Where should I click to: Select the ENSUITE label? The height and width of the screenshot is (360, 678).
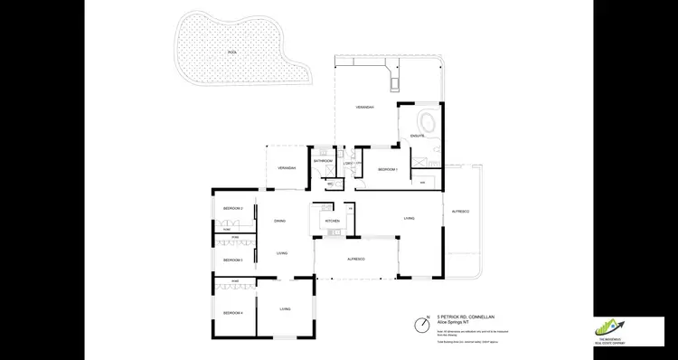(418, 136)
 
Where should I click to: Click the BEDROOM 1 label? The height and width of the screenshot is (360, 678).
(388, 169)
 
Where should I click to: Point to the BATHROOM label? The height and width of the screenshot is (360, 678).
(324, 160)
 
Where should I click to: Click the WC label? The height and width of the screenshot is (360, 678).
(330, 184)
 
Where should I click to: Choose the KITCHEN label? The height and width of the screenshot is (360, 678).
(332, 221)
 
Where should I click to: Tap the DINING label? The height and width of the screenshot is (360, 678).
(280, 221)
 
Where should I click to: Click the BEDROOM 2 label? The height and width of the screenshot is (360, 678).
(233, 209)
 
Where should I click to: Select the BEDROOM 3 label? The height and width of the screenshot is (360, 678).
(233, 260)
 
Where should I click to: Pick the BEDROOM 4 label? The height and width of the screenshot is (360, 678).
(233, 312)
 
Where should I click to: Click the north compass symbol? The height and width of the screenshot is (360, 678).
(422, 324)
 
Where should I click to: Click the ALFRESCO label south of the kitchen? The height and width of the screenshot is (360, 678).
(355, 260)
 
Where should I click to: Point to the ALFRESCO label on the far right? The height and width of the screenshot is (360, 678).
(460, 211)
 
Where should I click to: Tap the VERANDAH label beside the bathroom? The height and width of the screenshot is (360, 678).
(287, 168)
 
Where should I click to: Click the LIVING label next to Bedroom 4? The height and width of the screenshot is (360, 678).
(285, 309)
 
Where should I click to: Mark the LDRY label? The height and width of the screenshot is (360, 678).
(347, 164)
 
